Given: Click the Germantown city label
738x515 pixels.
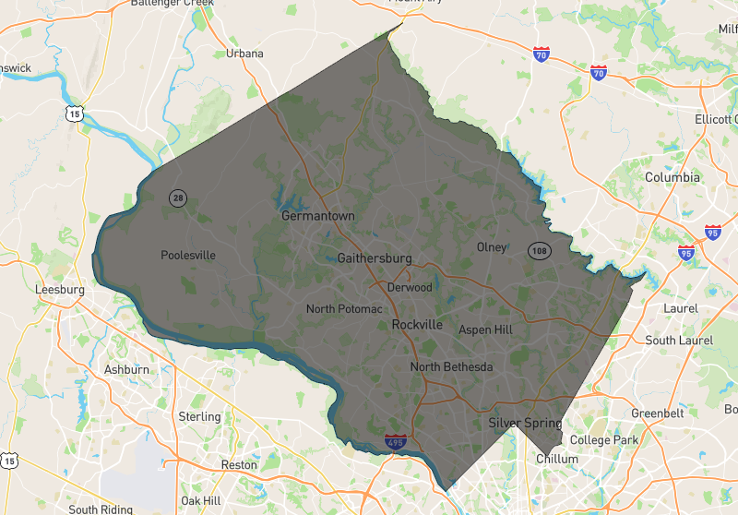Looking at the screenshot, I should point(317,216).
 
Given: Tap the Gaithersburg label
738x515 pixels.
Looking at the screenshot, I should point(375,258).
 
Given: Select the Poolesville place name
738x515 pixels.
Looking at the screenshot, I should point(188,256).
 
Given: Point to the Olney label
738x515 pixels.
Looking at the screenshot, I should point(492,247).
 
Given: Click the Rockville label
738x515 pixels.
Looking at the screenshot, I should point(417,325).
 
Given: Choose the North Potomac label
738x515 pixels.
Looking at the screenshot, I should point(344,308).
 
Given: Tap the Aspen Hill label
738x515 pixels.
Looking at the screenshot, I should point(485,329).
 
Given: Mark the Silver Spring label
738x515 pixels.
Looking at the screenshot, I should point(525,423).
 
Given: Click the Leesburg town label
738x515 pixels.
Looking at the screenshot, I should point(59,289).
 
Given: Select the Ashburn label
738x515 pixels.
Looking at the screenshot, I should point(126,369).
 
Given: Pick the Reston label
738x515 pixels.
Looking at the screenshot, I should point(239,464).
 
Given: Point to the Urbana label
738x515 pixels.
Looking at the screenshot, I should point(244,54).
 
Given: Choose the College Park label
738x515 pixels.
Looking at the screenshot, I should point(604,440).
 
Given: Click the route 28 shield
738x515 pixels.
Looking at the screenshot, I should point(177,198).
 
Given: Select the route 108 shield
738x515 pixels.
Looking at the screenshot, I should point(540,250).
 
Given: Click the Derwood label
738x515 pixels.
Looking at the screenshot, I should point(410,287).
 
